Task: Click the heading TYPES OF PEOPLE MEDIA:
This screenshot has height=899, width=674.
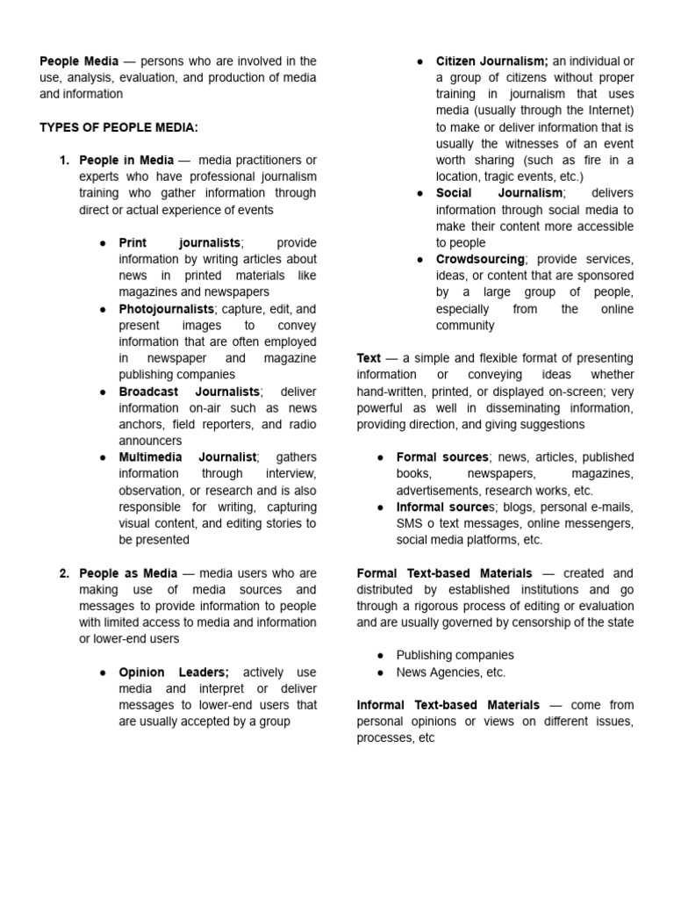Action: (118, 127)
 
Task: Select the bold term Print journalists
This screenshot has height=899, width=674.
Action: (180, 242)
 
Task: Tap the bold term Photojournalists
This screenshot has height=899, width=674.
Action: (167, 309)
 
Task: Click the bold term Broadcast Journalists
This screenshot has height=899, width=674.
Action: (190, 392)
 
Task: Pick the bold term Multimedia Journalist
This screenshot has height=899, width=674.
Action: (188, 457)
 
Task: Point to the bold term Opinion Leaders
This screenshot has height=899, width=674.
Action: (174, 672)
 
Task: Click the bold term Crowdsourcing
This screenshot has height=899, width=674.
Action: (480, 259)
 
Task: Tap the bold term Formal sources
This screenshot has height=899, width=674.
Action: (442, 457)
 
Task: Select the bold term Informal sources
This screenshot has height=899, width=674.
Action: (445, 507)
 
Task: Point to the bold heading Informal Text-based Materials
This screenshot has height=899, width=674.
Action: (448, 705)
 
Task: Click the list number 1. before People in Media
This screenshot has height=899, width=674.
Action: (64, 160)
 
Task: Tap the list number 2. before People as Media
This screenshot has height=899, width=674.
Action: (64, 573)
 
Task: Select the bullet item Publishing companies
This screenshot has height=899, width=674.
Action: (455, 655)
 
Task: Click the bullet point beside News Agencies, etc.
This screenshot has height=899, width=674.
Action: (381, 672)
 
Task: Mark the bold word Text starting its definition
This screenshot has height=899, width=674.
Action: (369, 358)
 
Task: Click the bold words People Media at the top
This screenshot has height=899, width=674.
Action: (79, 61)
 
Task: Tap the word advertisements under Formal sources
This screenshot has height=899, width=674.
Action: (438, 491)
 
